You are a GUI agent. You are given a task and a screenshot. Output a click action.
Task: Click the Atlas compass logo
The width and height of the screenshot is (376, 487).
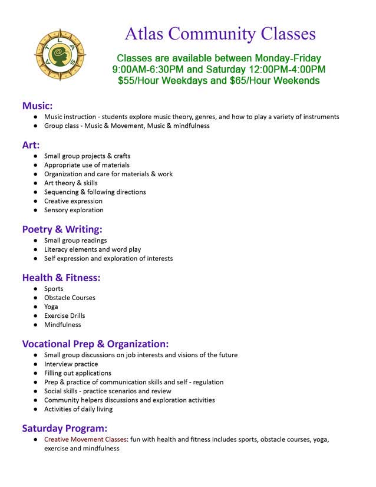point(60,56)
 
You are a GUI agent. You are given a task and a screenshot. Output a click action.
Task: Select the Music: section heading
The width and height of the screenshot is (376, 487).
point(37,106)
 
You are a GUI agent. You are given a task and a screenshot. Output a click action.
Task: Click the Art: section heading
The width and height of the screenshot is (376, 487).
point(31,144)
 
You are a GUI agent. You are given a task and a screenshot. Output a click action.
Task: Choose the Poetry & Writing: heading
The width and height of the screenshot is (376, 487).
point(62,229)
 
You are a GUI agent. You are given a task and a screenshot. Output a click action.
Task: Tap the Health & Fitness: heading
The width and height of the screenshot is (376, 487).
point(61,277)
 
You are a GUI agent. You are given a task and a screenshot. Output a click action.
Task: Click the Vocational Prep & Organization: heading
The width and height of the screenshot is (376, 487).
point(95,344)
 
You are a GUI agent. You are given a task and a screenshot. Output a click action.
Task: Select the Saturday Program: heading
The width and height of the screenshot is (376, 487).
point(65,428)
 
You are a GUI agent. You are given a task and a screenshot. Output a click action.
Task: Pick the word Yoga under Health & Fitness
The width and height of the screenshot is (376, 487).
point(52,307)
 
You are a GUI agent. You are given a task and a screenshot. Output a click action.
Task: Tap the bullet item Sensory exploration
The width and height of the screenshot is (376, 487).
point(74,210)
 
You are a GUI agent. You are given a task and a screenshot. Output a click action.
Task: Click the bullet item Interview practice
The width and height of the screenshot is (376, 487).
point(71,364)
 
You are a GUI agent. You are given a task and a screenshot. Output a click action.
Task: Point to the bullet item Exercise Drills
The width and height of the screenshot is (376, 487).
point(64,315)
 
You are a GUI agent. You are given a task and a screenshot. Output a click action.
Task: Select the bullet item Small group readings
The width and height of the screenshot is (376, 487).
point(75,241)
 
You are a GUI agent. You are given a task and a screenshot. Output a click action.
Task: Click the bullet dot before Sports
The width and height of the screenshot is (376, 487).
point(36,289)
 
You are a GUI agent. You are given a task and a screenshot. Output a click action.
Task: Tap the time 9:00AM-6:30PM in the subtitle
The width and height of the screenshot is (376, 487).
point(148,69)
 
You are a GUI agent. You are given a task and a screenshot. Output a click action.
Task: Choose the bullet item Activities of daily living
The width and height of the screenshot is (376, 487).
point(78,409)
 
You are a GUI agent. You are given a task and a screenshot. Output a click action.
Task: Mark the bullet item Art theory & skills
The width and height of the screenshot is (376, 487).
point(71,183)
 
